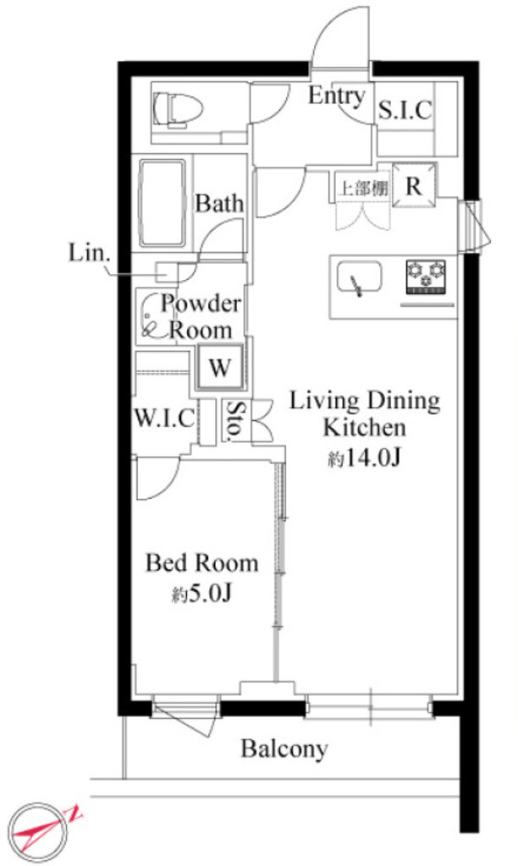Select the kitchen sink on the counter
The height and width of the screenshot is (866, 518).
pyautogui.click(x=359, y=280)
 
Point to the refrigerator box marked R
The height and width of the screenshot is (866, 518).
pyautogui.click(x=414, y=186)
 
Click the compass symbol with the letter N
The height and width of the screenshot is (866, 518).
pyautogui.click(x=41, y=828)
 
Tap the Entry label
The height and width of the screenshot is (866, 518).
pyautogui.click(x=336, y=96)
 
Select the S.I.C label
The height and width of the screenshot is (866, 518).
pyautogui.click(x=405, y=109)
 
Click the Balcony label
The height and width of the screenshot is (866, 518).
pyautogui.click(x=284, y=748)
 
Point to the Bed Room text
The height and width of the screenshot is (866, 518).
pyautogui.click(x=201, y=562)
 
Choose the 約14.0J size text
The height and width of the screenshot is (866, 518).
pyautogui.click(x=364, y=459)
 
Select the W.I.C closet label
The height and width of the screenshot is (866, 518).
pyautogui.click(x=165, y=417)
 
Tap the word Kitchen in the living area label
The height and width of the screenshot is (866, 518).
pyautogui.click(x=364, y=427)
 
